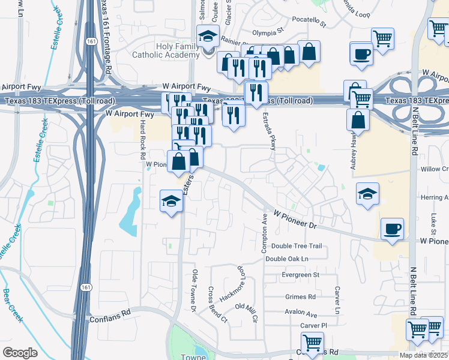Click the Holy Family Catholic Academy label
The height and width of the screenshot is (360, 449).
coord(177,50)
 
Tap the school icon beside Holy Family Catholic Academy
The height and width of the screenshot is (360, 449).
coord(208,37)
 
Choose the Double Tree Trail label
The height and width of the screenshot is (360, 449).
coord(297,246)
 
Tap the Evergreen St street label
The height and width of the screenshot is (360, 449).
coord(300,275)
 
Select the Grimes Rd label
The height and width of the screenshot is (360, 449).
coord(300,297)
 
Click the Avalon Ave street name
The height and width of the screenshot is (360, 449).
coord(301,314)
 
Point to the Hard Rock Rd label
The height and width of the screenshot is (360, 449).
coord(142,137)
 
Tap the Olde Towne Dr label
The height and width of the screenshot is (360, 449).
coord(194,291)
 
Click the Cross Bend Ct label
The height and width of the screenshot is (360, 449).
coord(217,304)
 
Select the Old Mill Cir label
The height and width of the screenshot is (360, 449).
coord(246,311)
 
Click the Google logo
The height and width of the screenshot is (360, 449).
coord(20,353)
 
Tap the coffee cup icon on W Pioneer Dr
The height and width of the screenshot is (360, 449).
coord(392,229)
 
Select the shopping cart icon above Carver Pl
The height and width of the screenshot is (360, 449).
coord(312,343)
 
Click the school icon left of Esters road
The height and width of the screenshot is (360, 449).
coord(171,201)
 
